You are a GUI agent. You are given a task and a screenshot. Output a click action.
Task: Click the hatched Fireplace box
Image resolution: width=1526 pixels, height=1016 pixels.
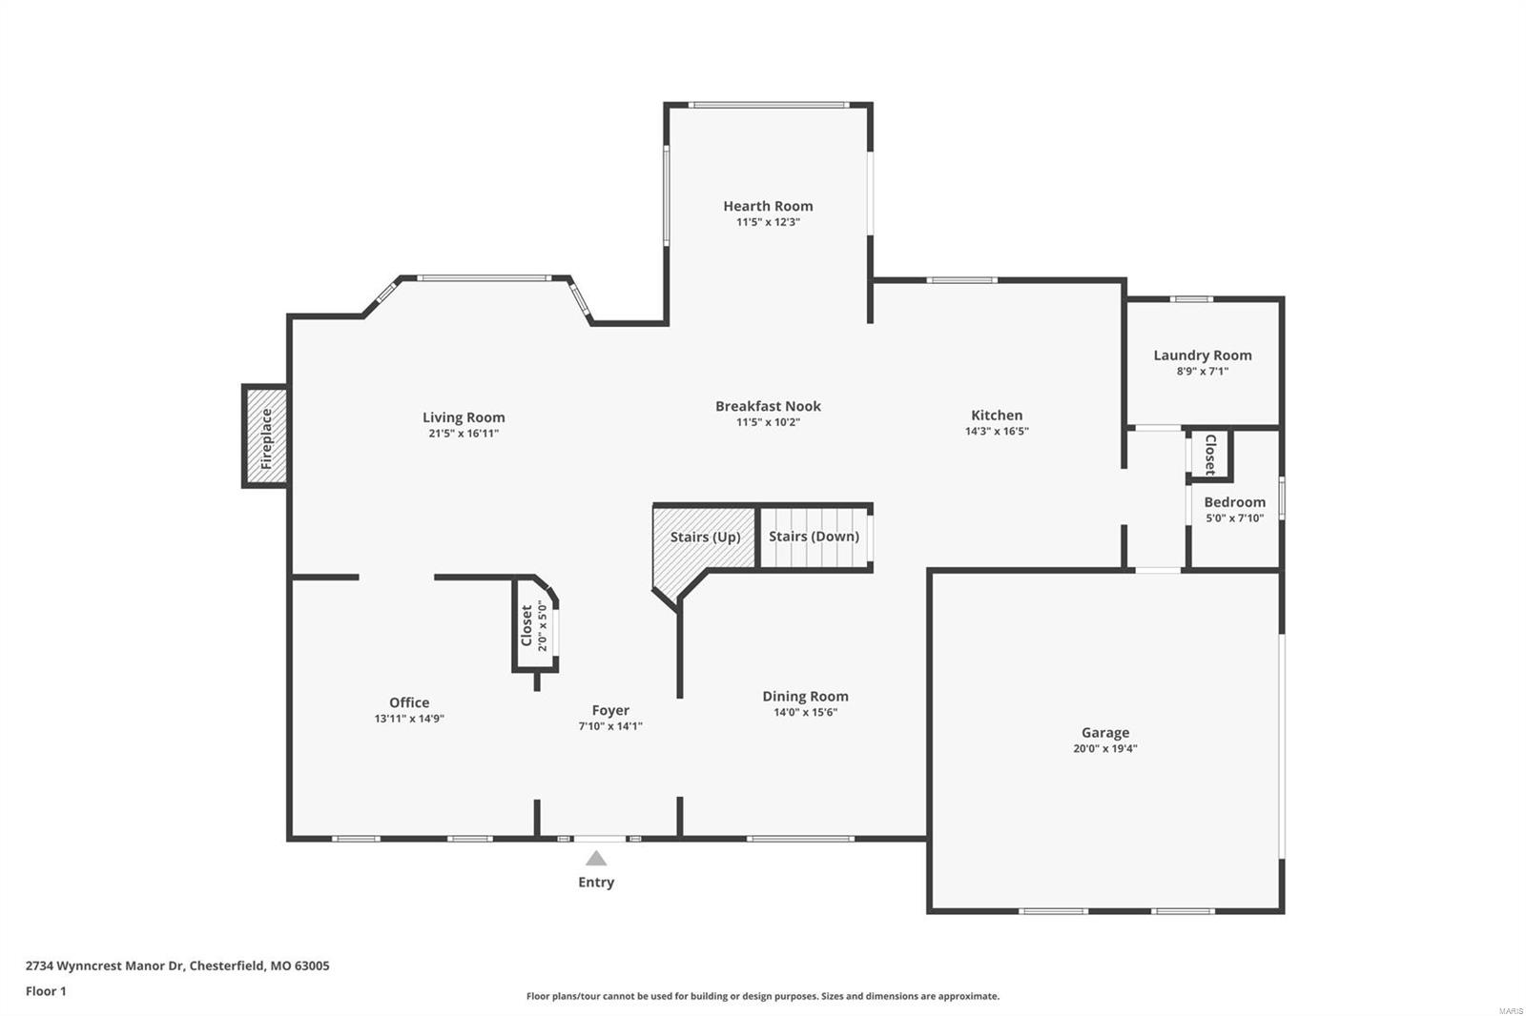point(266,437)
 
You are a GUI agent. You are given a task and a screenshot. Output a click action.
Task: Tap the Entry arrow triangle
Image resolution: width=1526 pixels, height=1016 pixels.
point(596,858)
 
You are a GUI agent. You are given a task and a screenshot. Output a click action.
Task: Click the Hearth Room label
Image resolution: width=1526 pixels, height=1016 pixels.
point(768,206)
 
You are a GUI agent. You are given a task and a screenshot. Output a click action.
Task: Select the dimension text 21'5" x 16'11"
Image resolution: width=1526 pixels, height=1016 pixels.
point(464,434)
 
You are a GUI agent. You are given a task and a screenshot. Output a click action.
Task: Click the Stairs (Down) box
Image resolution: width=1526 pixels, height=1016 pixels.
point(815,537)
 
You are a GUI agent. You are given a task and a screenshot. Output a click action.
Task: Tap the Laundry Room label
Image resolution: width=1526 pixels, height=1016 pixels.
point(1202,356)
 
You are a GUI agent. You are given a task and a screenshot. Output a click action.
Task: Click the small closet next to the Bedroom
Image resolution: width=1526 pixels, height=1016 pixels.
point(1209,455)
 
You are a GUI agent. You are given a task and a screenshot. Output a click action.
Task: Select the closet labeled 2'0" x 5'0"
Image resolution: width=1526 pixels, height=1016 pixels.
point(534,625)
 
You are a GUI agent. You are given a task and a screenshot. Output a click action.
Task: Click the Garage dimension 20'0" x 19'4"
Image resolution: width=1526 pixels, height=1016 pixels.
point(1104,749)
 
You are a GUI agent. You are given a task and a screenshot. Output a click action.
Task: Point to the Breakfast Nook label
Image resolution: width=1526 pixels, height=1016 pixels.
point(768,406)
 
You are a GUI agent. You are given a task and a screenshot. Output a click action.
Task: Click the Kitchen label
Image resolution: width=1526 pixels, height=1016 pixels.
point(997,416)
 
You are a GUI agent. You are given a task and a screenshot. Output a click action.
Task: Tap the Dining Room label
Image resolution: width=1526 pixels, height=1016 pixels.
point(805,697)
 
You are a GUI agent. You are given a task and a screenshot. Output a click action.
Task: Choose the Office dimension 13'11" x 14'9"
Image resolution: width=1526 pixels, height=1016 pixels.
point(409,720)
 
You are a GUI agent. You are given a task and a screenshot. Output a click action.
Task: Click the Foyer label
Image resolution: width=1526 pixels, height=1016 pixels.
point(610,710)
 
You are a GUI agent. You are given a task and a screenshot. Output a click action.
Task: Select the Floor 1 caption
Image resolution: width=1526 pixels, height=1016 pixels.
point(46,991)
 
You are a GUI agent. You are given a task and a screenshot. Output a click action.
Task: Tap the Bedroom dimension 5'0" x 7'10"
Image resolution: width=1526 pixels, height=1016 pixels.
point(1234,518)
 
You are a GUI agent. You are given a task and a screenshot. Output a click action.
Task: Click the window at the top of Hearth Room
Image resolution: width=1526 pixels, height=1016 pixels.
point(768,104)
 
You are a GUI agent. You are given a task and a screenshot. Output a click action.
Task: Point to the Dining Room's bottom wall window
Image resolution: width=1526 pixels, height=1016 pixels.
point(800,839)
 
